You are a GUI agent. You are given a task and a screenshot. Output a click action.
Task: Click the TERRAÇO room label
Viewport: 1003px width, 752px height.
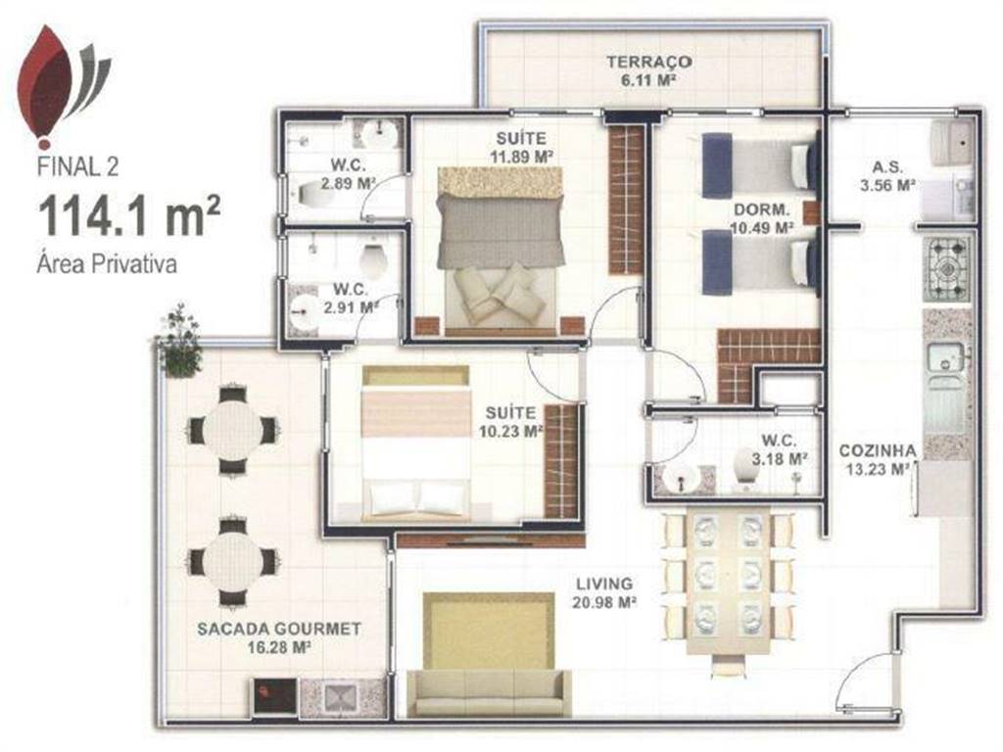(x=648, y=62)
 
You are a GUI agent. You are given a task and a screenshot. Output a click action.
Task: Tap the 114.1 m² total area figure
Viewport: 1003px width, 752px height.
(x=129, y=215)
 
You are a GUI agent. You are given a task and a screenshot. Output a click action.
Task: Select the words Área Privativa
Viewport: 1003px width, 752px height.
(x=107, y=263)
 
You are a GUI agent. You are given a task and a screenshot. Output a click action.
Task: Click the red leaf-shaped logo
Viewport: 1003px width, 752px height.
(x=46, y=83)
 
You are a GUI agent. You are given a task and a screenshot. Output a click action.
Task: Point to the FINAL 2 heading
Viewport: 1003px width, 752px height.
(x=78, y=166)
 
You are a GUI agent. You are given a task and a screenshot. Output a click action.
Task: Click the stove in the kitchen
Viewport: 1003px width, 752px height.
(x=947, y=270)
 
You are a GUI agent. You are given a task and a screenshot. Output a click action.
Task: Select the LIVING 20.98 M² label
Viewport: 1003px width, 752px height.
(x=604, y=592)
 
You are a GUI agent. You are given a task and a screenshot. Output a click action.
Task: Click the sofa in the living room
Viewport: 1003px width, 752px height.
(x=489, y=692)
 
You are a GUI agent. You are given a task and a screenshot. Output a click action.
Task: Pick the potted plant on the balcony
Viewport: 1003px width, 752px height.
(x=178, y=342)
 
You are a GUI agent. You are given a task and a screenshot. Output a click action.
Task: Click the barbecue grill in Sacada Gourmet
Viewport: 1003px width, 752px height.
(x=275, y=696)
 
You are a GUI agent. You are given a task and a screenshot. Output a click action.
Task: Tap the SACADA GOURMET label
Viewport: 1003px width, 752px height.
(x=279, y=630)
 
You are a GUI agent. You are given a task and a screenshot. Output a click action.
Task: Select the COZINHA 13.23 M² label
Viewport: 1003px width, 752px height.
(x=877, y=460)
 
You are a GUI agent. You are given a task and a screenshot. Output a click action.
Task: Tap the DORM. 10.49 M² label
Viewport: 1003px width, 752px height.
(x=762, y=218)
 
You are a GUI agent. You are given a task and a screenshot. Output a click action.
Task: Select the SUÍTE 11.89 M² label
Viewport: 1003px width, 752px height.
(x=521, y=147)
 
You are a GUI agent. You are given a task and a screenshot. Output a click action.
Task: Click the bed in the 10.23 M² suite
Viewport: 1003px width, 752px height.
(x=415, y=444)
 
